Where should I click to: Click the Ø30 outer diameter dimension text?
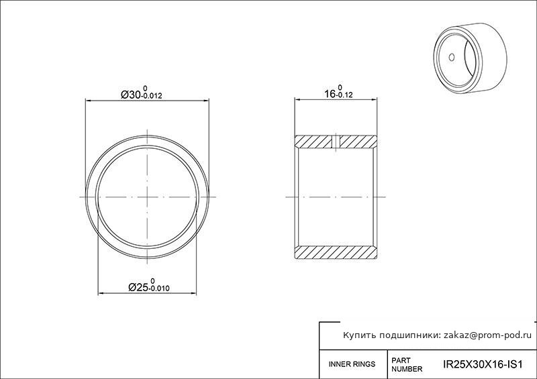coord(131,95)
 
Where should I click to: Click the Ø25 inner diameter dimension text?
coord(138,287)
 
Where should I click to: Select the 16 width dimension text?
coord(330,94)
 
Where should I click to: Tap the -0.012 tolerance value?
coord(152,96)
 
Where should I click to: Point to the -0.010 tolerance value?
coord(159,288)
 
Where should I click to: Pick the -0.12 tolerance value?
coord(344,95)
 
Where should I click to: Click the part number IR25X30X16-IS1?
coord(483,364)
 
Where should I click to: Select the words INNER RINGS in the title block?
coord(352,364)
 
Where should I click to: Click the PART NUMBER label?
coord(407,365)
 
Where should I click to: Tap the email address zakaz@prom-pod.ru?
coord(488,335)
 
